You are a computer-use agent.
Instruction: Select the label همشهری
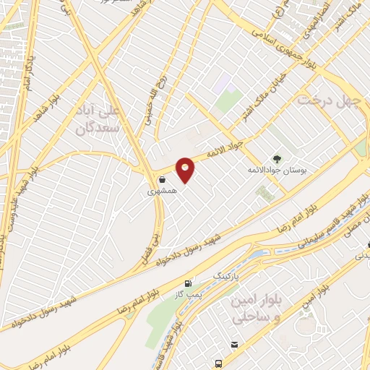click(161, 192)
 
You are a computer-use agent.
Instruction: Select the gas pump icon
click(189, 284)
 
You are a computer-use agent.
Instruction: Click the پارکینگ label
click(224, 276)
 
